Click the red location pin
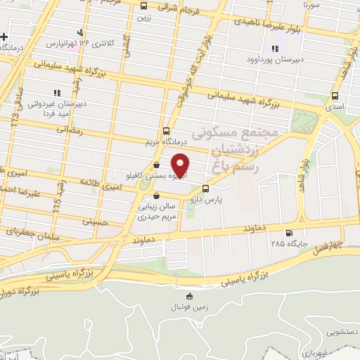(x=181, y=166)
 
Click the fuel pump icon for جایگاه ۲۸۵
(x=288, y=233)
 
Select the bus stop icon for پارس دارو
(x=205, y=188)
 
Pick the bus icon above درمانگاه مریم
(x=166, y=131)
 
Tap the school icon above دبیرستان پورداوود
(x=274, y=49)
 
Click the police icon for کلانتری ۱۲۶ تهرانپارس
(x=80, y=32)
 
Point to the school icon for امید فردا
(x=57, y=92)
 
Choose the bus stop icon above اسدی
(x=334, y=96)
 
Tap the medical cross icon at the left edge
(x=4, y=37)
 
